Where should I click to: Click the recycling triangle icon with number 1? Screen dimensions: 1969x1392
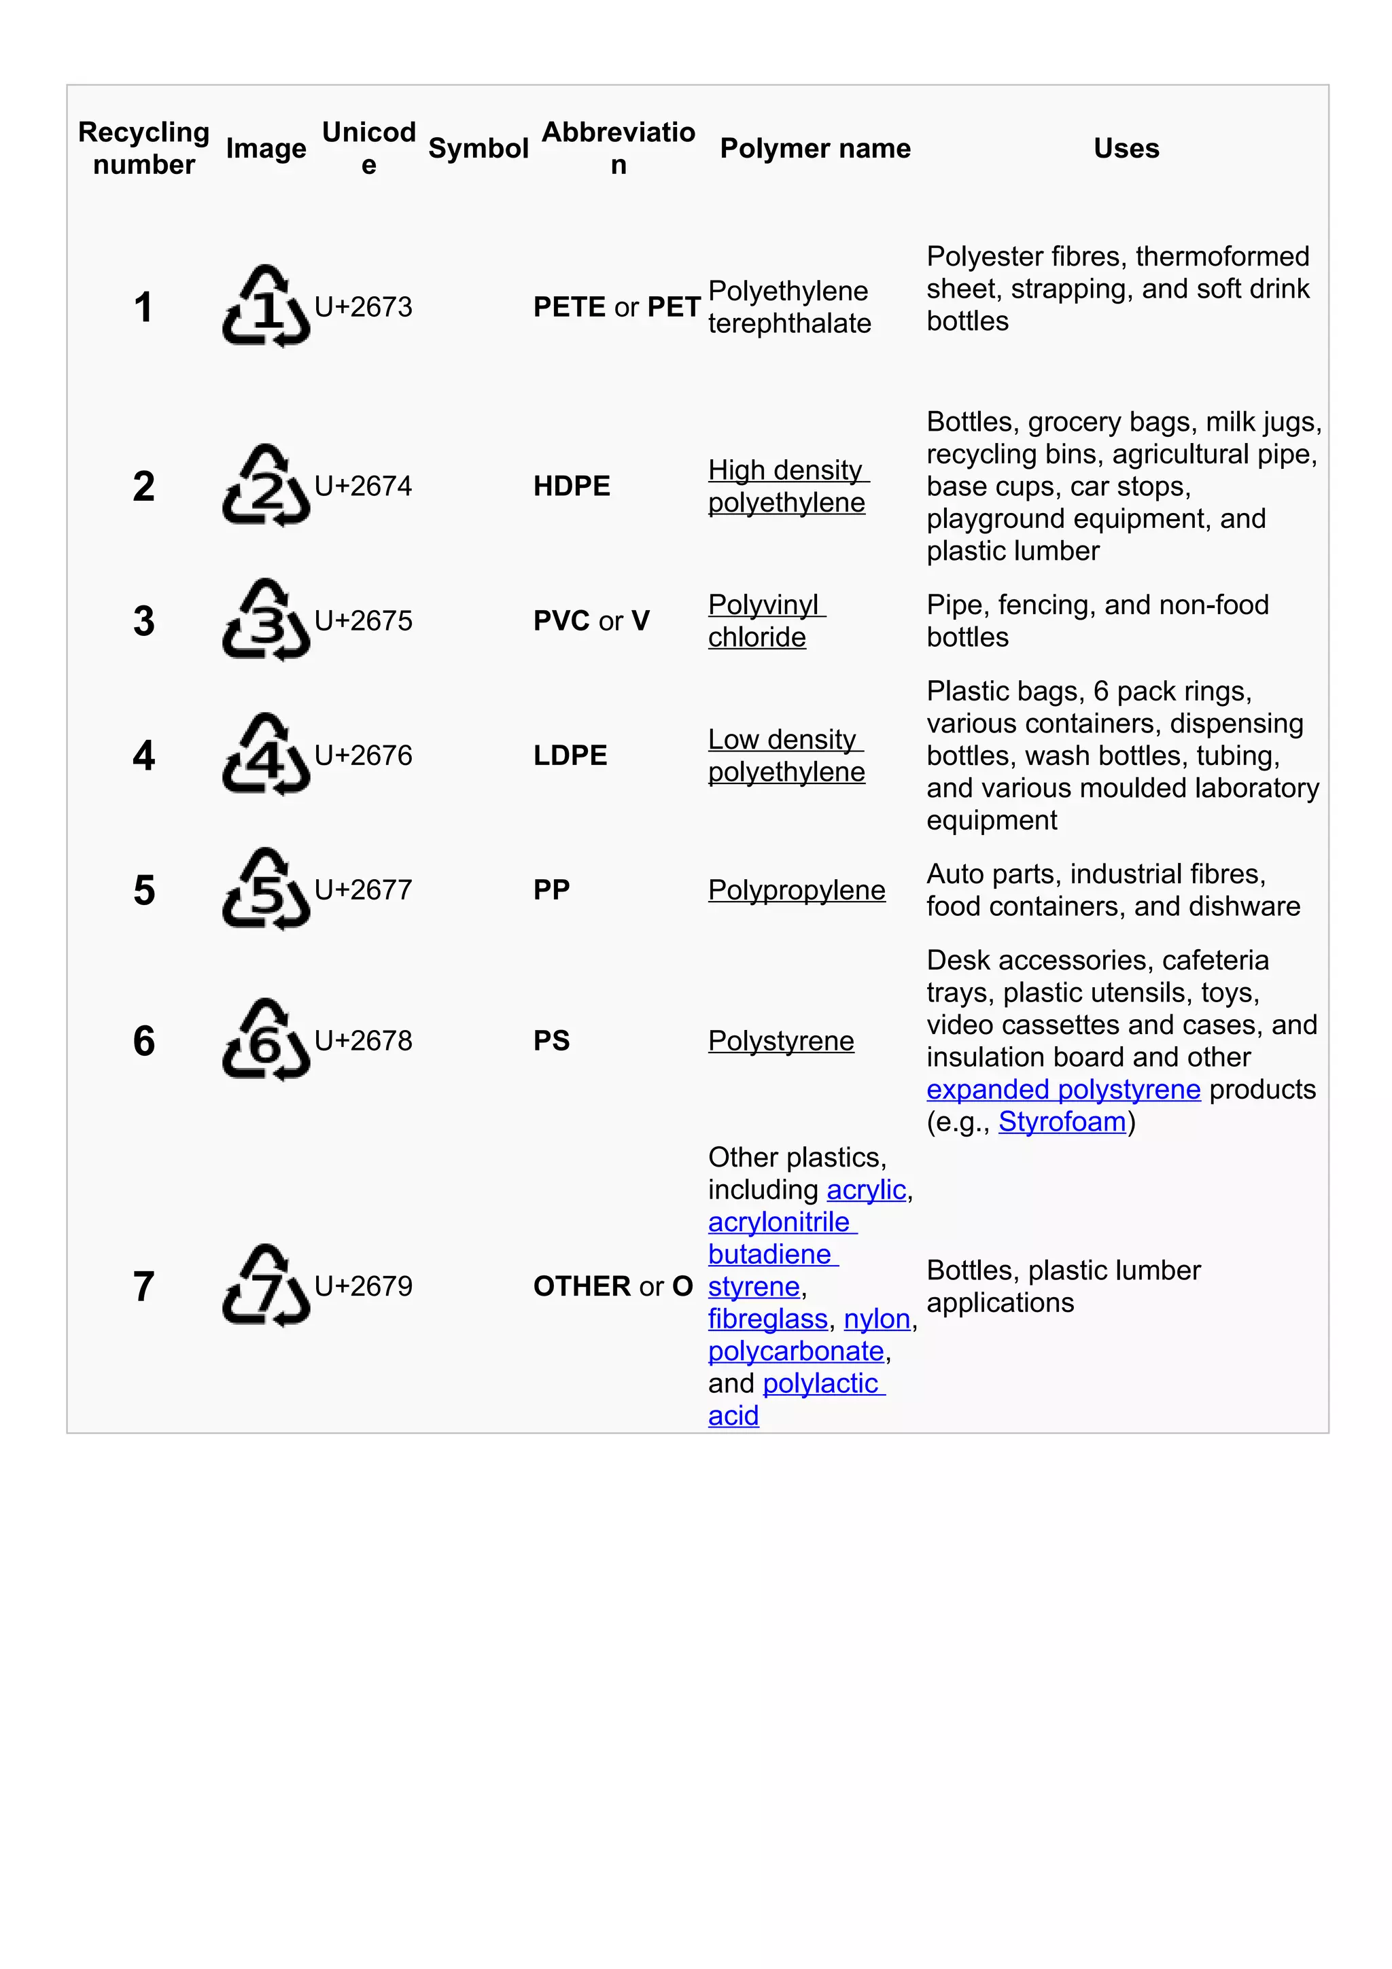pyautogui.click(x=266, y=307)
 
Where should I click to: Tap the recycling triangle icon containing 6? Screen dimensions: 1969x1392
pyautogui.click(x=266, y=1040)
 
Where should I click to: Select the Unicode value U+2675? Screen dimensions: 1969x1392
pyautogui.click(x=364, y=621)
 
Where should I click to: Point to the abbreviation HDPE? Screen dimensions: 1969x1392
pyautogui.click(x=571, y=486)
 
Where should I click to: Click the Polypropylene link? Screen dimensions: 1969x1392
pyautogui.click(x=796, y=890)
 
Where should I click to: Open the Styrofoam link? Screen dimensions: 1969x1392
pyautogui.click(x=1062, y=1122)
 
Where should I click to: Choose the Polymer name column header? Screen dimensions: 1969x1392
pyautogui.click(x=815, y=148)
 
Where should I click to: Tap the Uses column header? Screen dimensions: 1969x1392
pyautogui.click(x=1126, y=148)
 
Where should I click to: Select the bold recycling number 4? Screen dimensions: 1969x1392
pyautogui.click(x=144, y=756)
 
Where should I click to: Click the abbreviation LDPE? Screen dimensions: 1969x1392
pyautogui.click(x=570, y=756)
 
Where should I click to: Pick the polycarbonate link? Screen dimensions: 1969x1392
pyautogui.click(x=796, y=1351)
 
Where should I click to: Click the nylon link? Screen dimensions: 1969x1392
pyautogui.click(x=877, y=1319)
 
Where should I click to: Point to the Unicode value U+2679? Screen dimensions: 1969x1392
pyautogui.click(x=364, y=1286)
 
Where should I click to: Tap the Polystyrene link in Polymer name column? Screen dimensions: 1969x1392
pyautogui.click(x=780, y=1041)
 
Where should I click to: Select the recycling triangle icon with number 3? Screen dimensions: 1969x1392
pyautogui.click(x=266, y=621)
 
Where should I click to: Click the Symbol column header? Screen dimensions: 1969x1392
pyautogui.click(x=478, y=148)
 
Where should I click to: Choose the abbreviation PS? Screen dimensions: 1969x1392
pyautogui.click(x=551, y=1041)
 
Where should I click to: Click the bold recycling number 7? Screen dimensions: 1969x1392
pyautogui.click(x=144, y=1286)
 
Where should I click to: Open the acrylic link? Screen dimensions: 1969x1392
pyautogui.click(x=866, y=1190)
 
